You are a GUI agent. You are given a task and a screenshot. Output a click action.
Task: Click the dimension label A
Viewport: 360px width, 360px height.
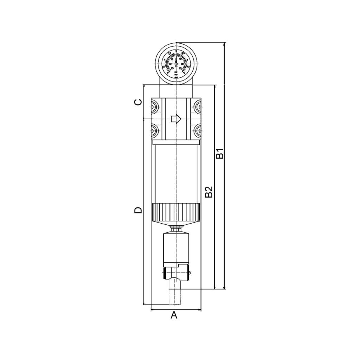[x=174, y=315]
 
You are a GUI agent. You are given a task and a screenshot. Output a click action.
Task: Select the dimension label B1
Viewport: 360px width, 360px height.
[x=219, y=154]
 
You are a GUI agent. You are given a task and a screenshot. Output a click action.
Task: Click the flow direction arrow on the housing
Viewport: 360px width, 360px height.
[x=175, y=119]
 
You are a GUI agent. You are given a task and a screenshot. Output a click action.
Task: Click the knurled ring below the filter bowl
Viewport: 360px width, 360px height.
[x=176, y=212]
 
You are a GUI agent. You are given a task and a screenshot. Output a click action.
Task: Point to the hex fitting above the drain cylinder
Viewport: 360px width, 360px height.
[x=176, y=229]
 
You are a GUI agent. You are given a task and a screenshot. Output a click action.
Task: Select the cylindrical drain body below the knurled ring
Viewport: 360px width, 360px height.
[x=176, y=248]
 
